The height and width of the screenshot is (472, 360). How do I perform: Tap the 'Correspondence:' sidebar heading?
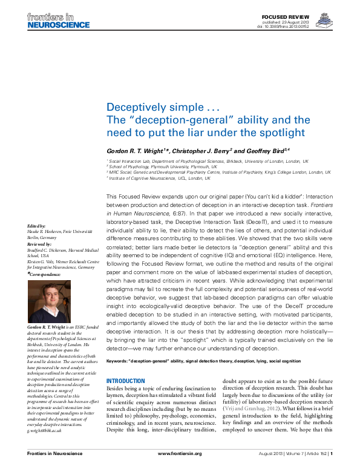[x=44, y=274]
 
